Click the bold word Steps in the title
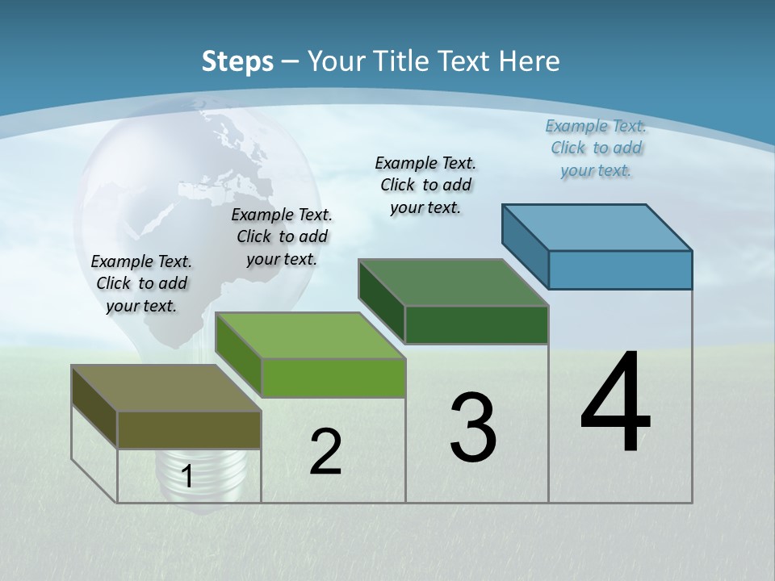pos(237,61)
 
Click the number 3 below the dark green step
pos(473,428)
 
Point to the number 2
pos(325,452)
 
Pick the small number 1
pos(187,477)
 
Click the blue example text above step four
pos(596,148)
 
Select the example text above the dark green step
pos(425,185)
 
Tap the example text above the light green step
pos(282,236)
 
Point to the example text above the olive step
pos(141,283)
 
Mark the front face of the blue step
pos(620,270)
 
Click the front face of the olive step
pos(189,429)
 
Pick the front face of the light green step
pos(333,378)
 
